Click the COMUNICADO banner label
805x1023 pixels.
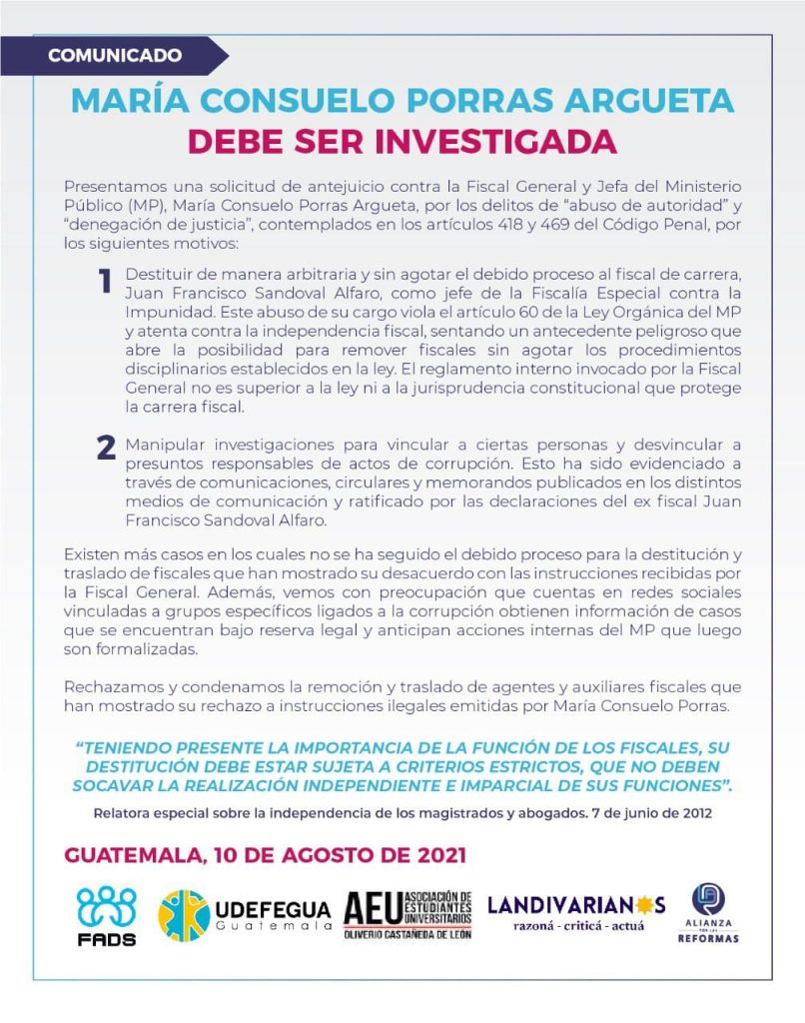(x=115, y=55)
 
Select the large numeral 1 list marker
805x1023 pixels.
(x=104, y=282)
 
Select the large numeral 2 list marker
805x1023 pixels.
(x=106, y=448)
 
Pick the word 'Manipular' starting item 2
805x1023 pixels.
(x=164, y=443)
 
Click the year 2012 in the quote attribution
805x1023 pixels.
(x=693, y=812)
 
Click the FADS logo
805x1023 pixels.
(x=106, y=915)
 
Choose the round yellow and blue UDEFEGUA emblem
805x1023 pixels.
(x=183, y=915)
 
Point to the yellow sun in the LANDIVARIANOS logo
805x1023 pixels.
(x=655, y=905)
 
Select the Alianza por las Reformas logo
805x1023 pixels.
(x=708, y=912)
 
